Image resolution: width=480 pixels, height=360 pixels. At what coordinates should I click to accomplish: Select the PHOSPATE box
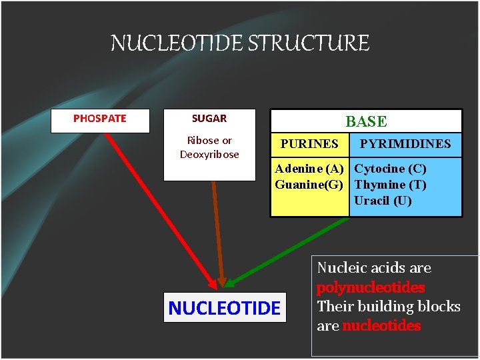tap(99, 119)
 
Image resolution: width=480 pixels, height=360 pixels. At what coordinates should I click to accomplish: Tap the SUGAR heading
tap(209, 119)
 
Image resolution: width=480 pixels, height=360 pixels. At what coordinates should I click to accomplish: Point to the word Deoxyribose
tap(209, 155)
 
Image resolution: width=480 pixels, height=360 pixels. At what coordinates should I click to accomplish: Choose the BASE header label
tap(365, 121)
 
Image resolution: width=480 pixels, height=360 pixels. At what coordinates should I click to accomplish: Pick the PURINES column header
tap(309, 144)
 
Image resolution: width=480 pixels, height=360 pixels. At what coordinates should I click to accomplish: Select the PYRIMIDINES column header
tap(405, 144)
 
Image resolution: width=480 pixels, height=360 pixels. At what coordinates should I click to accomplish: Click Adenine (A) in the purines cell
tap(309, 169)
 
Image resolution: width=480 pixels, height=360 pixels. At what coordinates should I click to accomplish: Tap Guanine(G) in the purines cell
tap(309, 185)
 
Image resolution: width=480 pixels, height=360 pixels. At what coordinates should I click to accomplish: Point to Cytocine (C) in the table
tap(391, 169)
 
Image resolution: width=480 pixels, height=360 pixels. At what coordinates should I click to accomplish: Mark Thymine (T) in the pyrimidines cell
tap(391, 185)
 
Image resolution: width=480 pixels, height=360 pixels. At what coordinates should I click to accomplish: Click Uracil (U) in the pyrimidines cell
tap(383, 201)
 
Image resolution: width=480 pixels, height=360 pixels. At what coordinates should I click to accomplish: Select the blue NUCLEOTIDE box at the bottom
tap(225, 308)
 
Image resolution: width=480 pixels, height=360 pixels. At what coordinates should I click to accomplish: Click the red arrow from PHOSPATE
tap(160, 207)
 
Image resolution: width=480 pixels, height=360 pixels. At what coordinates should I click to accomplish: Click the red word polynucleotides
tap(371, 288)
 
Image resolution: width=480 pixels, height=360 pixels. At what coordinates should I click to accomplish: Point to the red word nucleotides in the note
tap(381, 326)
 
